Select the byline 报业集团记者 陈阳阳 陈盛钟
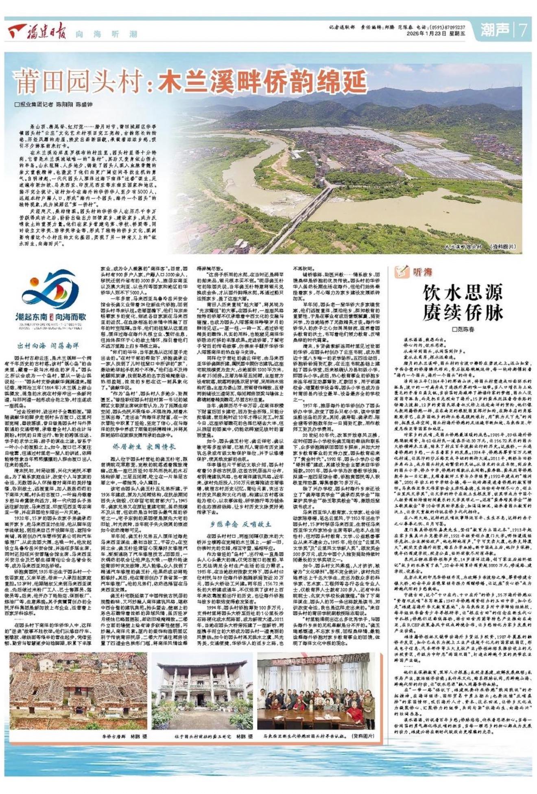[x=53, y=105]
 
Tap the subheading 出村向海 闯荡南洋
[x=48, y=345]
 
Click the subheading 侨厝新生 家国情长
[x=145, y=446]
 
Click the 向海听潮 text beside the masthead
[x=106, y=35]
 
